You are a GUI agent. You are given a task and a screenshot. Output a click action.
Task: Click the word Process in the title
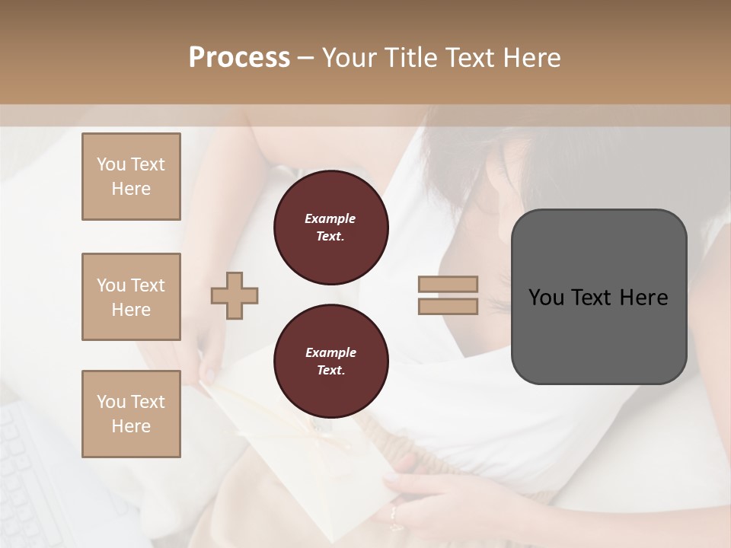pos(239,58)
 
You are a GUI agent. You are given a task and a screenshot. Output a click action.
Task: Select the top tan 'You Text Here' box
pos(131,177)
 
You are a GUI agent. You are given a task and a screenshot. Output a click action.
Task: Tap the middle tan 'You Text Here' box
pos(131,297)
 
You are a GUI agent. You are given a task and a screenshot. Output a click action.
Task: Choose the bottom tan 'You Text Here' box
pos(131,414)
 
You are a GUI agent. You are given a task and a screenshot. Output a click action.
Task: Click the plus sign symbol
pos(235,295)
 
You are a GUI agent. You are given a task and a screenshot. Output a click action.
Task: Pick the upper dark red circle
pos(330,228)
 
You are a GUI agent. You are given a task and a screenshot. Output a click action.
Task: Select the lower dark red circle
pos(330,362)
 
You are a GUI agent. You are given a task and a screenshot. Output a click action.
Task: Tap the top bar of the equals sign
pos(448,285)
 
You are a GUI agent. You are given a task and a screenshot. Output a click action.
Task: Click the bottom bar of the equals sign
pos(448,307)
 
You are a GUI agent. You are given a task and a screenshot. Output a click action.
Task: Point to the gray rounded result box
pos(599,335)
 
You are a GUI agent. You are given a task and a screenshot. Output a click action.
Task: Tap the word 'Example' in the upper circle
pos(330,218)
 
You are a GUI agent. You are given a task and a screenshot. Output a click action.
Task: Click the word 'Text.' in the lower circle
pos(330,371)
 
